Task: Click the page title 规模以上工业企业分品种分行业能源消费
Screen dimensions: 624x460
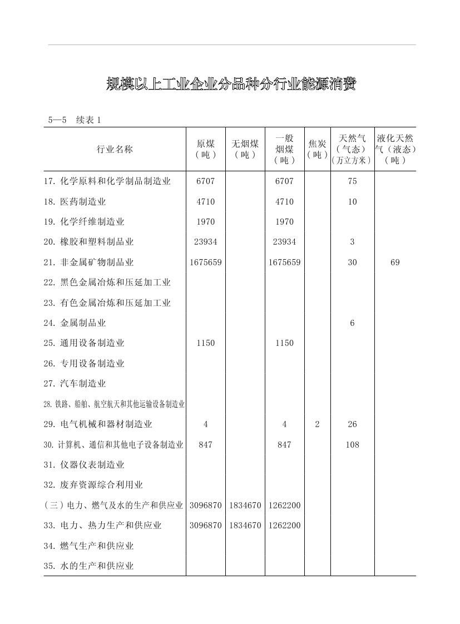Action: (x=230, y=85)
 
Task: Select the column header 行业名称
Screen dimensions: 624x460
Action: (x=115, y=149)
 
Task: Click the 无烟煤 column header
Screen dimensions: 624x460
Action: (x=245, y=149)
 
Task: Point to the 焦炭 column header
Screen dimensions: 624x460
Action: (x=317, y=149)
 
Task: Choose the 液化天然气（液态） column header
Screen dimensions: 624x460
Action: (x=395, y=149)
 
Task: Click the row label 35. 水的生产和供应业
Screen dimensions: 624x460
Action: (x=88, y=566)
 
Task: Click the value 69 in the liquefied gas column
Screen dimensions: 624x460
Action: (x=395, y=263)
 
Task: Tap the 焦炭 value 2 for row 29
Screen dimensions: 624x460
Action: (x=317, y=424)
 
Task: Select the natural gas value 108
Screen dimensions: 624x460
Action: (x=352, y=445)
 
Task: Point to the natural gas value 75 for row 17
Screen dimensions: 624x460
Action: (x=352, y=181)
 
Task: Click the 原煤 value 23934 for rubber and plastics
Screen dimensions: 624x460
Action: (x=206, y=242)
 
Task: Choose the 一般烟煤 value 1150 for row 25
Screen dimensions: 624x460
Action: (x=284, y=343)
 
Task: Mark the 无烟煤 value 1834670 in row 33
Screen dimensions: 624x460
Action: (x=245, y=526)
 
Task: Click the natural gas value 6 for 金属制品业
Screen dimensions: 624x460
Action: (x=352, y=323)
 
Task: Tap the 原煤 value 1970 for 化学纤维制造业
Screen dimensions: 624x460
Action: (x=206, y=222)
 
